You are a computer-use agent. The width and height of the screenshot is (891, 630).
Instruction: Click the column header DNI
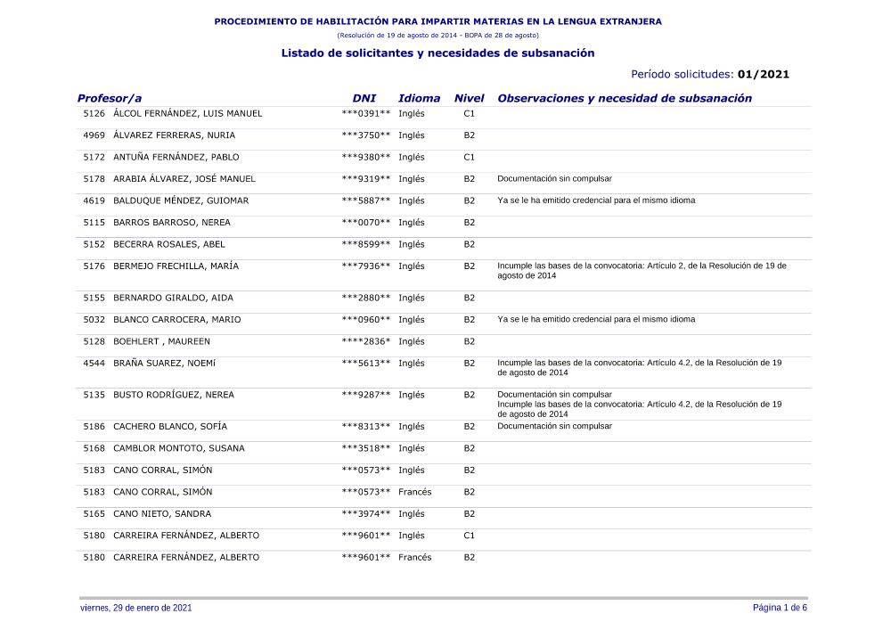pos(364,99)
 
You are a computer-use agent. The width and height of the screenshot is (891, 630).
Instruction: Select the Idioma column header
pos(419,99)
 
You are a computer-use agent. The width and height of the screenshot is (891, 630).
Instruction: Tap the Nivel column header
pos(469,99)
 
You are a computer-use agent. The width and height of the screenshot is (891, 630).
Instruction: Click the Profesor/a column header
pos(110,99)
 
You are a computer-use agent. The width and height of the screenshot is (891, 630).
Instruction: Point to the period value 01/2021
pos(764,75)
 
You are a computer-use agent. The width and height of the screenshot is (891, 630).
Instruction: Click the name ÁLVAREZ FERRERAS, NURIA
pos(174,135)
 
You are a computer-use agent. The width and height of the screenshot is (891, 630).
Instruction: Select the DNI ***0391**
pos(366,114)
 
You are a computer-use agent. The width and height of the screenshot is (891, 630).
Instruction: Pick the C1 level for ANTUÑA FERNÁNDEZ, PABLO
pos(470,158)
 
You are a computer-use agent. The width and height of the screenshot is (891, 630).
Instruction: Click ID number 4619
pos(94,200)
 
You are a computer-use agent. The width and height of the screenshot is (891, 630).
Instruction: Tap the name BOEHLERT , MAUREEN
pos(161,341)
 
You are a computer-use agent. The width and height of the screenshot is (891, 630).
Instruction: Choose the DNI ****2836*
pos(366,341)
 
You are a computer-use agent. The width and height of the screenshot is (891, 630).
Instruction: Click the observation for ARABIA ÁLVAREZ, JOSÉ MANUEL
pos(554,179)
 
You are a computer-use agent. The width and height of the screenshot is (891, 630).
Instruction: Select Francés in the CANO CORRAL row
pos(414,492)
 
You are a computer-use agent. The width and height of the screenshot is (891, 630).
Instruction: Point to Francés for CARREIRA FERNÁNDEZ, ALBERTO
pos(414,558)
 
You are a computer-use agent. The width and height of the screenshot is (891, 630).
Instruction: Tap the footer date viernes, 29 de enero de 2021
pos(135,608)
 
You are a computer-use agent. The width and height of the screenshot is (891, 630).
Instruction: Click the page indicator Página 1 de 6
pos(780,608)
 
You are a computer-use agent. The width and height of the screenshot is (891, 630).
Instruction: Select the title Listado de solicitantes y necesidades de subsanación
pos(437,53)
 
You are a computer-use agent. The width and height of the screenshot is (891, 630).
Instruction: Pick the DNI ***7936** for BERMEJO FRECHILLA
pos(366,266)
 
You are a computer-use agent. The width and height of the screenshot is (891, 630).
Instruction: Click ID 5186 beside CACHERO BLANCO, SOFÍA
pos(94,427)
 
